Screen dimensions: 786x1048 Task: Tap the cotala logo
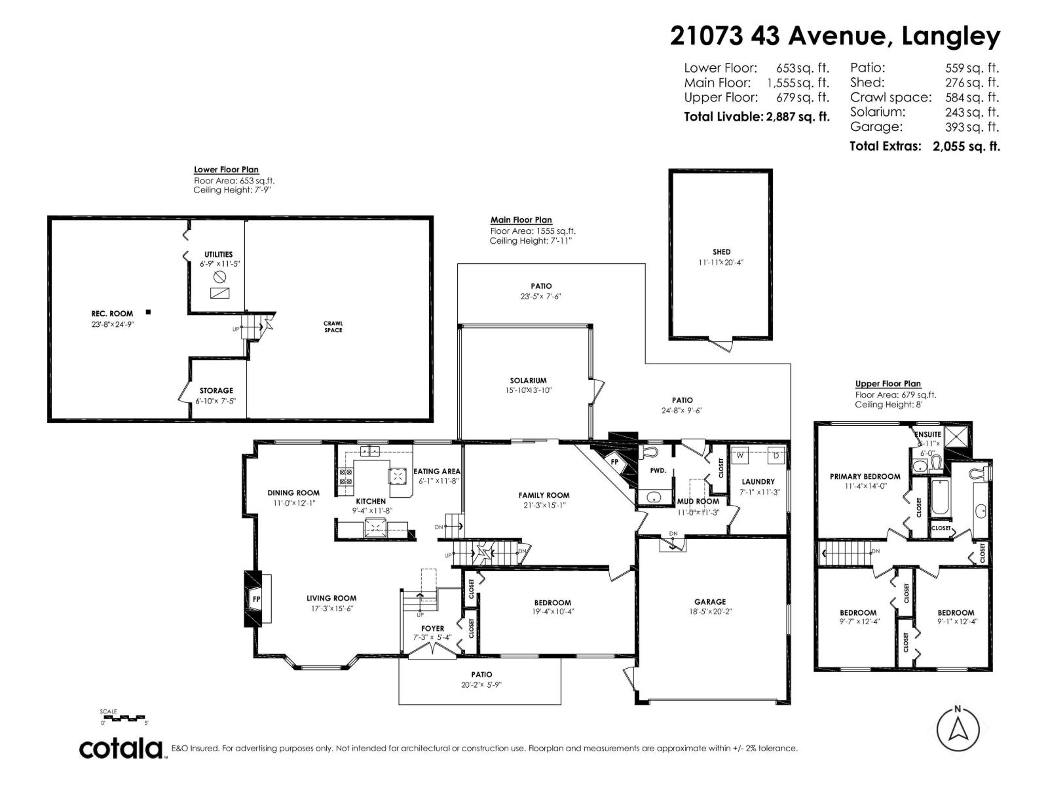tap(122, 748)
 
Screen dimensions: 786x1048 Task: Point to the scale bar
tap(124, 719)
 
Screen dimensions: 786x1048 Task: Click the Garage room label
tap(710, 601)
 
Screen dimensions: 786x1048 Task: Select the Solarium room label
tap(528, 381)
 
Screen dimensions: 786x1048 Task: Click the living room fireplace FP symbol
tap(256, 599)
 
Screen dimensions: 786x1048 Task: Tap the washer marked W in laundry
tap(741, 455)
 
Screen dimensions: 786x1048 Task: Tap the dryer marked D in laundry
tap(776, 455)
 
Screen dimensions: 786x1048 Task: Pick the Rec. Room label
tap(112, 314)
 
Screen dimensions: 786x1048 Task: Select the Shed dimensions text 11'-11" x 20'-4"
tap(721, 262)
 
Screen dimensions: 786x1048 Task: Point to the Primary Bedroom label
tap(865, 476)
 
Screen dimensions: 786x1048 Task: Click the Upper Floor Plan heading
tap(888, 384)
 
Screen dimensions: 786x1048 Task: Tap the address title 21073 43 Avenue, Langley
tap(834, 35)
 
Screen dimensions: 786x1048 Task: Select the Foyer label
tap(432, 628)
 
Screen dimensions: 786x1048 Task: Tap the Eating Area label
tap(437, 471)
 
